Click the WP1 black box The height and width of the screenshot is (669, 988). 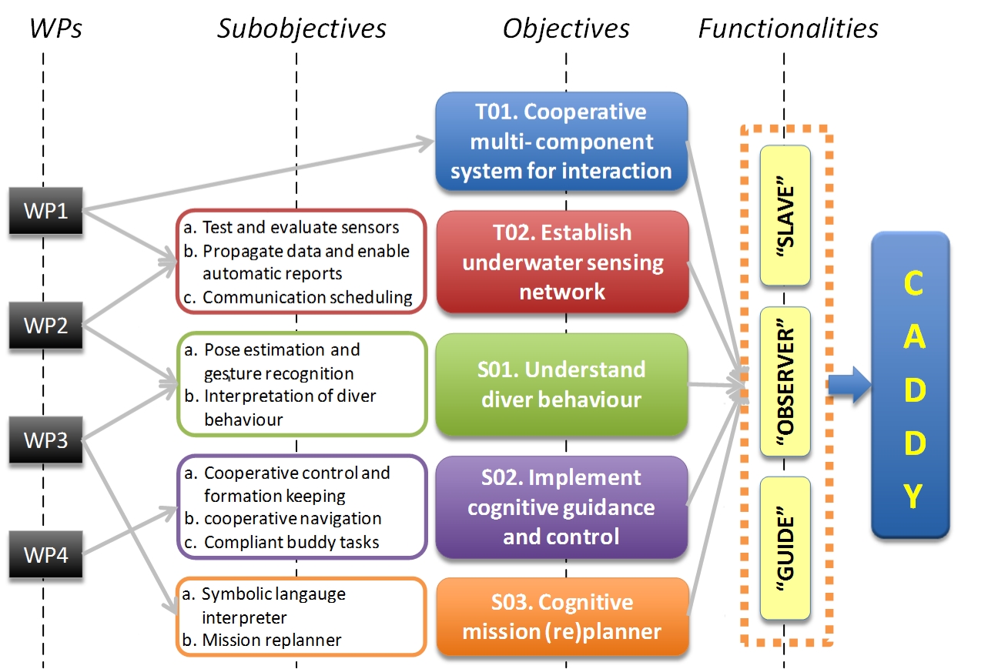click(x=45, y=210)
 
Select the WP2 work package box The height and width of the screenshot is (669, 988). click(x=45, y=325)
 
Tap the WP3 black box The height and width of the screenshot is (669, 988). click(x=45, y=440)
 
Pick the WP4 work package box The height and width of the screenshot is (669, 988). click(x=45, y=554)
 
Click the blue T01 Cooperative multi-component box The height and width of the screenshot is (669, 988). click(x=561, y=142)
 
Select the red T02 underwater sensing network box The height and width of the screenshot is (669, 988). click(x=561, y=263)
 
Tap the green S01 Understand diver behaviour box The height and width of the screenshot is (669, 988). click(x=561, y=384)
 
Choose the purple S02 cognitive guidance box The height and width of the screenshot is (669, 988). click(x=561, y=507)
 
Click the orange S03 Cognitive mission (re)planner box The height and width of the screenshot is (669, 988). click(x=561, y=617)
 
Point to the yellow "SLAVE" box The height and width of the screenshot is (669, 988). click(x=785, y=216)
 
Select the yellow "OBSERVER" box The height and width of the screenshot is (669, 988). click(x=785, y=382)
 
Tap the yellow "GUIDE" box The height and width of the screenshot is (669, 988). click(x=785, y=547)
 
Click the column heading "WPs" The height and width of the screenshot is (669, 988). click(x=55, y=29)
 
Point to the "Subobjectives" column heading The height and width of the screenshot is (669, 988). click(x=301, y=29)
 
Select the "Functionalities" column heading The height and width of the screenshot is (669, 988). click(x=789, y=29)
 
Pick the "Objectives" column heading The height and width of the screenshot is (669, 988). click(x=566, y=29)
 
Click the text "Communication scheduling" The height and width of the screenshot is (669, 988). click(x=308, y=297)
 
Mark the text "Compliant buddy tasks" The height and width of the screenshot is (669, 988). click(x=292, y=542)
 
